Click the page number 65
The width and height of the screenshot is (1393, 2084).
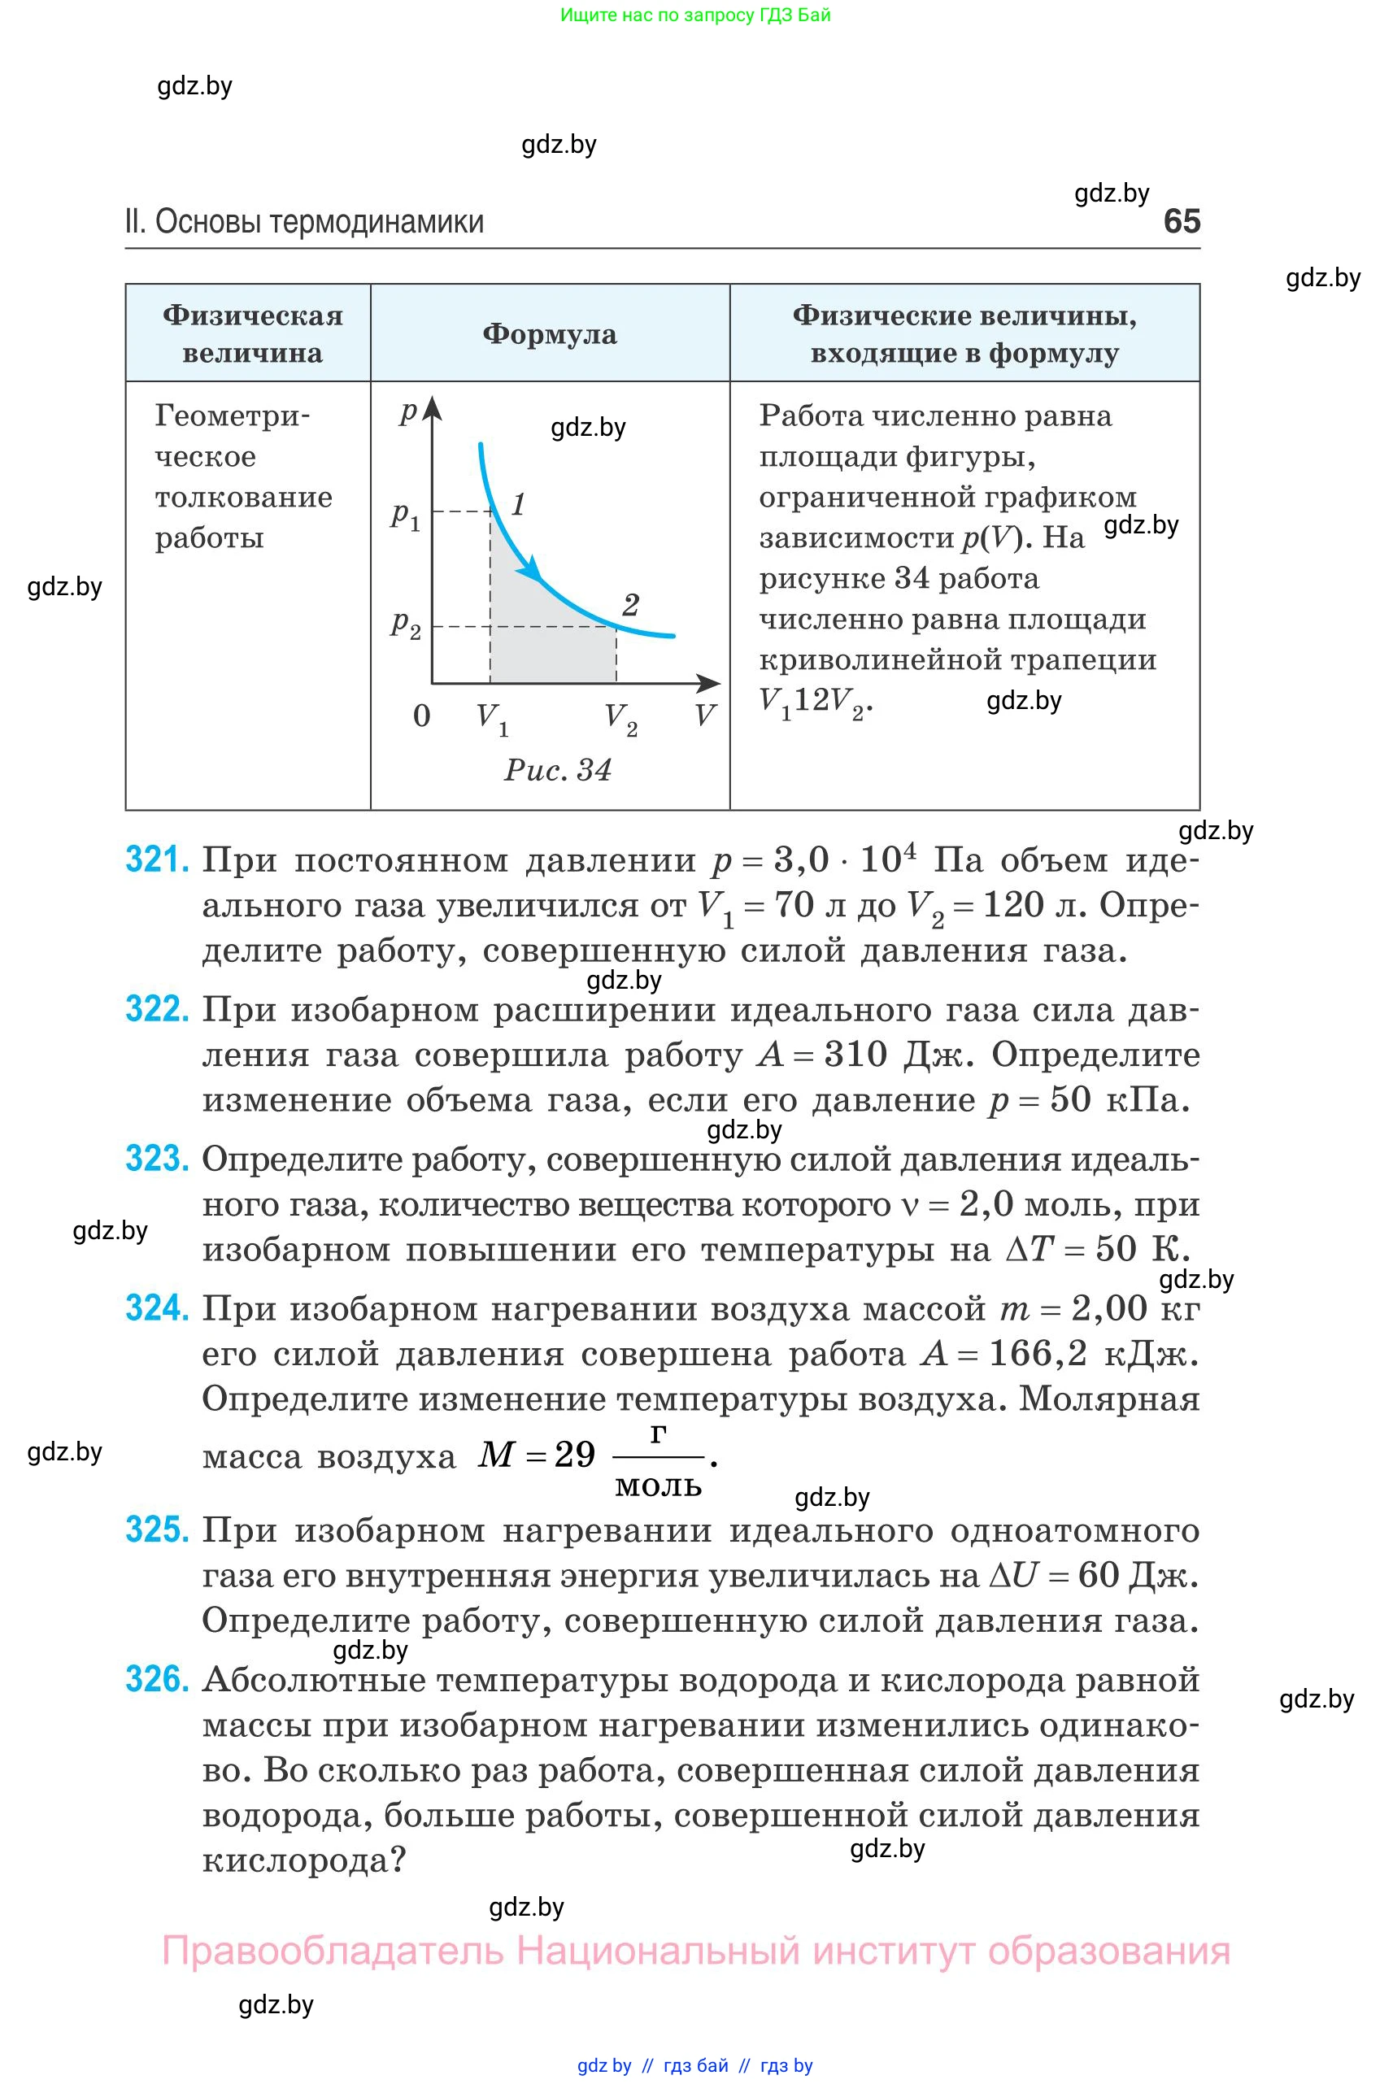coord(1182,221)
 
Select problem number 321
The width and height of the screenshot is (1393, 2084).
coord(157,860)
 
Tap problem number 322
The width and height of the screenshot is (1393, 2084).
coord(157,1009)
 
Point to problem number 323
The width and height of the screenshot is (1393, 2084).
coord(157,1159)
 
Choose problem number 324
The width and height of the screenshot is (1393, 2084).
coord(157,1308)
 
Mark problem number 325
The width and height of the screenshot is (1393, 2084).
coord(157,1529)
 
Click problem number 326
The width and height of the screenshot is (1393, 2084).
coord(157,1680)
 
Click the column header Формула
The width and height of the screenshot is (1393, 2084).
coord(549,334)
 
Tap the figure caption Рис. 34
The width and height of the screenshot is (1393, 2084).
coord(558,770)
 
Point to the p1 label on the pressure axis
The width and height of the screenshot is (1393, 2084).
coord(405,516)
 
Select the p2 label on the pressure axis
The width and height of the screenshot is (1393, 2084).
coord(405,625)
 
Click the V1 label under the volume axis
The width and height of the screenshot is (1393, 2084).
coord(491,718)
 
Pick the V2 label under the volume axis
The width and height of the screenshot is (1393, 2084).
coord(620,718)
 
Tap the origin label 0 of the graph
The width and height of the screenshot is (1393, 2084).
coord(422,715)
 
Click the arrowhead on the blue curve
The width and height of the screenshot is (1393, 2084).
coord(532,568)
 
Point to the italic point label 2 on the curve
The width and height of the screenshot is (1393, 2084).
coord(631,605)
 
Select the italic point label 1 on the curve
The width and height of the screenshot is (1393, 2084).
coord(518,505)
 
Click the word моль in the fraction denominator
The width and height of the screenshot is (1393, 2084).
coord(659,1486)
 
